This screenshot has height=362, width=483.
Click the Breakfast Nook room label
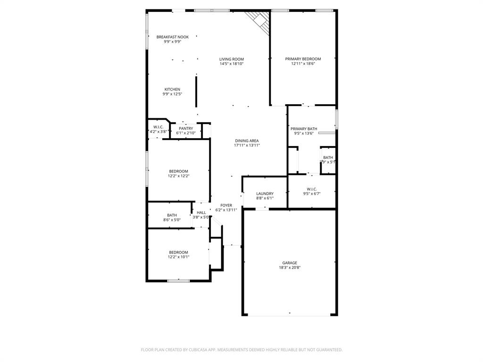pyautogui.click(x=173, y=37)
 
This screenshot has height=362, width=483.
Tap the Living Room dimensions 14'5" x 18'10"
pyautogui.click(x=231, y=64)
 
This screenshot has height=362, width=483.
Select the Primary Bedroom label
pyautogui.click(x=303, y=59)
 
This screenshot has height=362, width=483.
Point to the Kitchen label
pyautogui.click(x=172, y=90)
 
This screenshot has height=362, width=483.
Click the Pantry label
pyautogui.click(x=186, y=128)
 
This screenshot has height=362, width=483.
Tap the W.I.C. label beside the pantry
pyautogui.click(x=158, y=127)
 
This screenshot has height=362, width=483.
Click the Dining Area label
pyautogui.click(x=247, y=140)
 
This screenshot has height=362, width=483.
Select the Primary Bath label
pyautogui.click(x=304, y=129)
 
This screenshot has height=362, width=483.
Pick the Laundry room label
pyautogui.click(x=265, y=193)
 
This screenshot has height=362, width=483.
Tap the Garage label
pyautogui.click(x=290, y=263)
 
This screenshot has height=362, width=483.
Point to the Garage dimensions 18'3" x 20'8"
pyautogui.click(x=290, y=268)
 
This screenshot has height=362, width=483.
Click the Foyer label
pyautogui.click(x=226, y=205)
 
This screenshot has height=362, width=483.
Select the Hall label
pyautogui.click(x=201, y=213)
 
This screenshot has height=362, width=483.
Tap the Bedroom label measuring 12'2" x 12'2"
pyautogui.click(x=178, y=171)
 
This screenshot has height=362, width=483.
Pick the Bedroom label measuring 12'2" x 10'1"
pyautogui.click(x=178, y=252)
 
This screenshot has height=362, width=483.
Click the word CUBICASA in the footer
pyautogui.click(x=193, y=350)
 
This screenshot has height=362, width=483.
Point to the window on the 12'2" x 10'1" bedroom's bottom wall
pyautogui.click(x=178, y=281)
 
